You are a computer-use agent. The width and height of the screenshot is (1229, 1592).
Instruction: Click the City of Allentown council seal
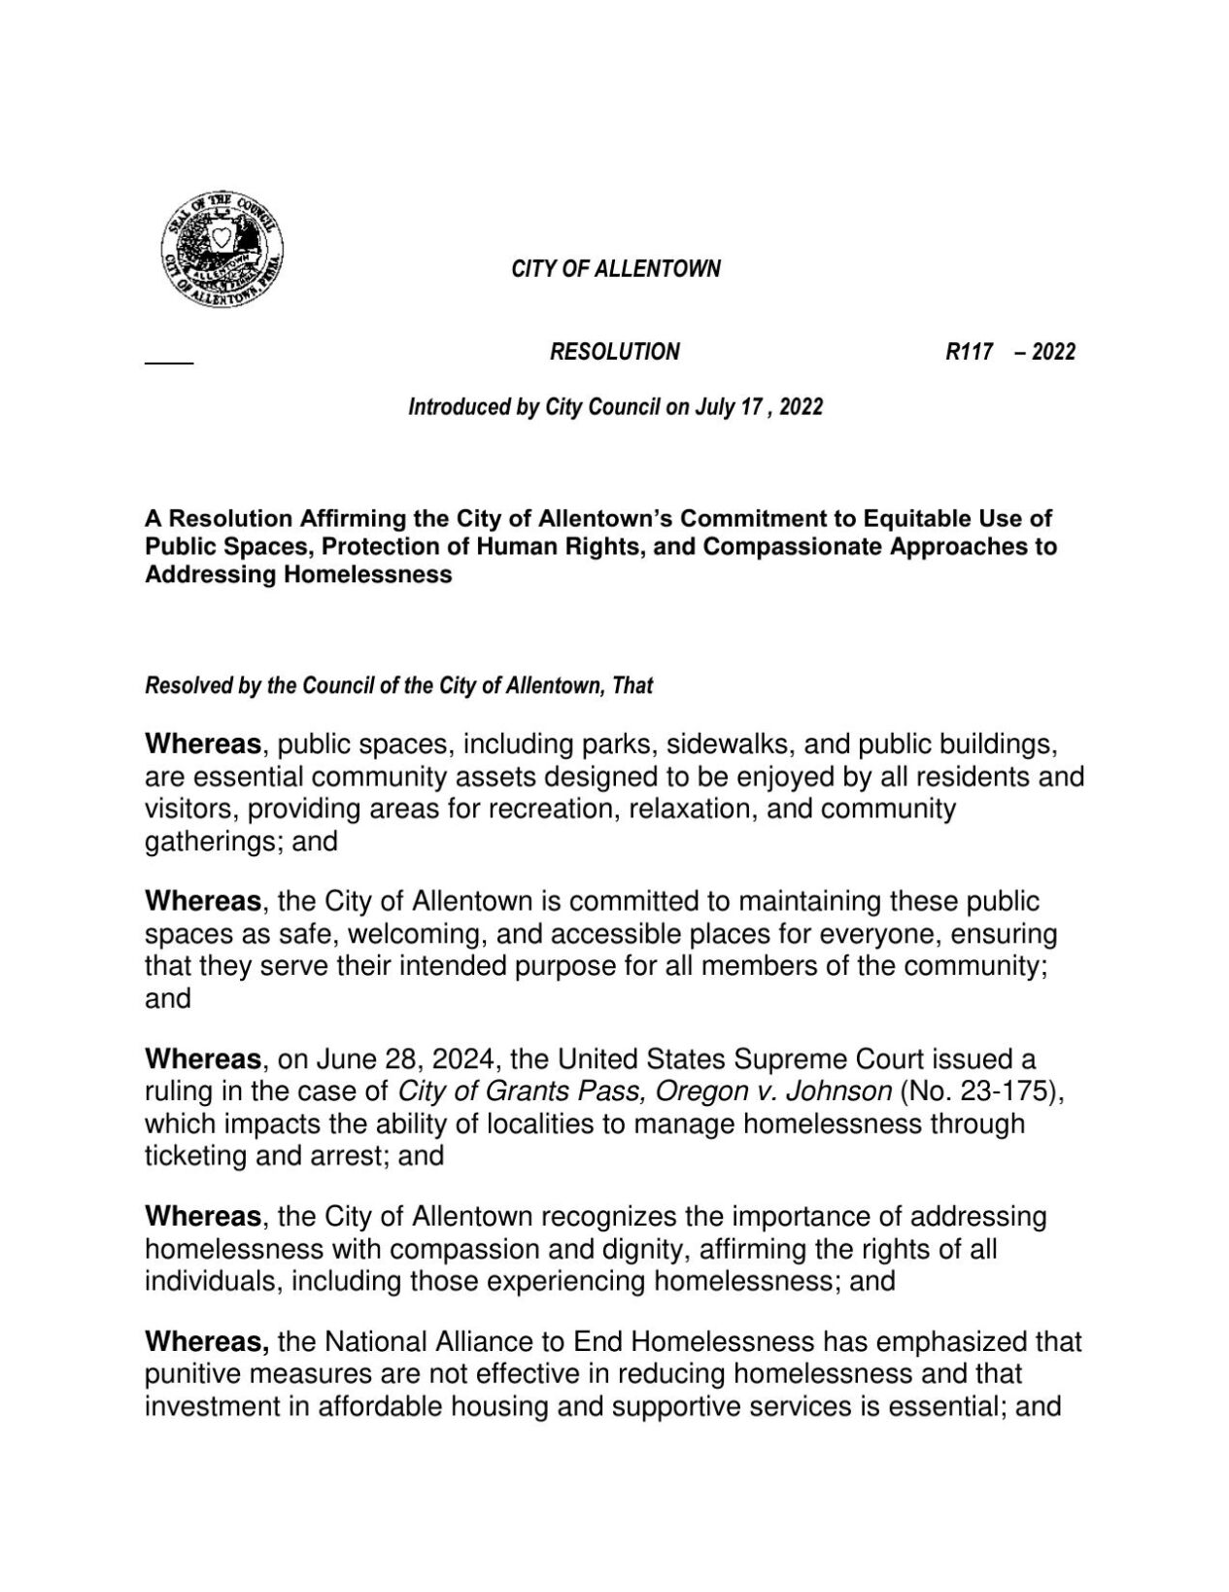pos(222,249)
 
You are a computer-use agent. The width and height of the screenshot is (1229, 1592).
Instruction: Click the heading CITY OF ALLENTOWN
pos(616,269)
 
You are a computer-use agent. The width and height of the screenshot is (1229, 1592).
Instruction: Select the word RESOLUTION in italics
pos(614,352)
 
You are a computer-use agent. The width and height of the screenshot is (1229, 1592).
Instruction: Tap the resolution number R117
pos(969,352)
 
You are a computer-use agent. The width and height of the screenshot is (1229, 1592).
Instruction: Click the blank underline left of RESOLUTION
pos(169,362)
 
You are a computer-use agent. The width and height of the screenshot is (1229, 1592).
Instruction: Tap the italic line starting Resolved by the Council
pos(398,686)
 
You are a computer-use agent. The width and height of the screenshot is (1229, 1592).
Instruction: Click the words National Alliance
pos(443,1343)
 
